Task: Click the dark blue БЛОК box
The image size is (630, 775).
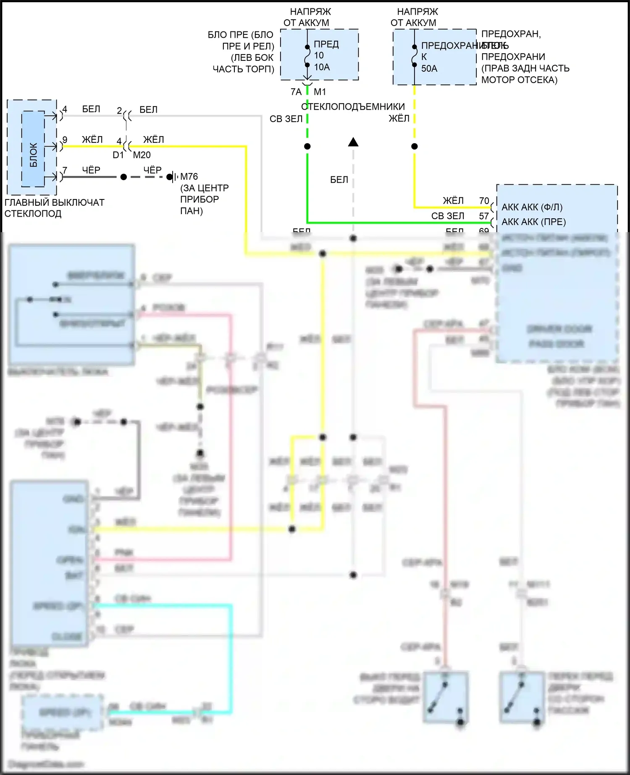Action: pyautogui.click(x=33, y=149)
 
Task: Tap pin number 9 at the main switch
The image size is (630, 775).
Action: pyautogui.click(x=65, y=140)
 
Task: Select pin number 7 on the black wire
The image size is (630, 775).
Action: pyautogui.click(x=65, y=170)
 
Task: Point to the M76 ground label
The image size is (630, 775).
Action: pyautogui.click(x=189, y=177)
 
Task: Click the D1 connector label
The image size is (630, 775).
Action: pyautogui.click(x=118, y=155)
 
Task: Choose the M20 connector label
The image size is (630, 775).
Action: pyautogui.click(x=142, y=155)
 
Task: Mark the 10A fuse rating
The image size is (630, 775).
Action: pyautogui.click(x=322, y=67)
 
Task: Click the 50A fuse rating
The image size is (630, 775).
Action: pyautogui.click(x=429, y=68)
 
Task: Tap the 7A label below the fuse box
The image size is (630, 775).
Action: pyautogui.click(x=296, y=92)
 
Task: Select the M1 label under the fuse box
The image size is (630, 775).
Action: pyautogui.click(x=320, y=92)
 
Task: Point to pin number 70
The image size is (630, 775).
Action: pyautogui.click(x=484, y=201)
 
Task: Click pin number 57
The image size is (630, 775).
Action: pyautogui.click(x=484, y=216)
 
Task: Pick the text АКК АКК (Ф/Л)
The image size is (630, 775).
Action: pyautogui.click(x=532, y=207)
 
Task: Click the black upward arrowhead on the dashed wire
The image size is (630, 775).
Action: pyautogui.click(x=353, y=142)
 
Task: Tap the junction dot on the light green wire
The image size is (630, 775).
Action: pyautogui.click(x=307, y=147)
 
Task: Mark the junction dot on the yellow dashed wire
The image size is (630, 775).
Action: pyautogui.click(x=415, y=147)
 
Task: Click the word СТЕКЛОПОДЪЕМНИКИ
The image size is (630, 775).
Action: pyautogui.click(x=353, y=107)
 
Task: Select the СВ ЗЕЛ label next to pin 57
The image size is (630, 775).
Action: pyautogui.click(x=448, y=216)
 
